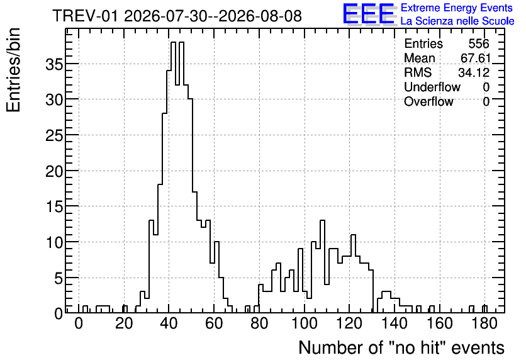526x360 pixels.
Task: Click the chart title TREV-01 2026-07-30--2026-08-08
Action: tap(177, 16)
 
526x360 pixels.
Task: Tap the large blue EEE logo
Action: tap(369, 14)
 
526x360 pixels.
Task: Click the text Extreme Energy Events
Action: tap(457, 8)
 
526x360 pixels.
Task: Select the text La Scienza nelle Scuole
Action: tap(457, 21)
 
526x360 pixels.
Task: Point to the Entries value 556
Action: tap(479, 43)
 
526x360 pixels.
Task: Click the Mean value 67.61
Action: tap(475, 58)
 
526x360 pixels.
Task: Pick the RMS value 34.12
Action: tap(474, 72)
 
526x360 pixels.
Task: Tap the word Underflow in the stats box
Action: tap(432, 87)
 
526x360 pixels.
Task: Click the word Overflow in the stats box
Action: tap(428, 101)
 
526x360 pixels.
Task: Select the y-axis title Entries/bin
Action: tap(13, 70)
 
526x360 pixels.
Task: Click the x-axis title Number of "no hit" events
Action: tap(401, 347)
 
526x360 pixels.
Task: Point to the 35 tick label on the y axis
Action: tap(54, 64)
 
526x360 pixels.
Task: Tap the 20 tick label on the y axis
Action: tap(54, 171)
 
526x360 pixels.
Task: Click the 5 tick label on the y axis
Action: tap(59, 278)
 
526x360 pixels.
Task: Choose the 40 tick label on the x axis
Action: tap(169, 323)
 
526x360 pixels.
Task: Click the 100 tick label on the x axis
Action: tap(304, 323)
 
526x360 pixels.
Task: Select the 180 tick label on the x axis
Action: tap(484, 323)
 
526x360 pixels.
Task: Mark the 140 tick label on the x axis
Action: tap(394, 323)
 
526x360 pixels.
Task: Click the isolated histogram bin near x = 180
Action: tap(484, 310)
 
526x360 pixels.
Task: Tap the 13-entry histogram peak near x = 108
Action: tap(323, 220)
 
